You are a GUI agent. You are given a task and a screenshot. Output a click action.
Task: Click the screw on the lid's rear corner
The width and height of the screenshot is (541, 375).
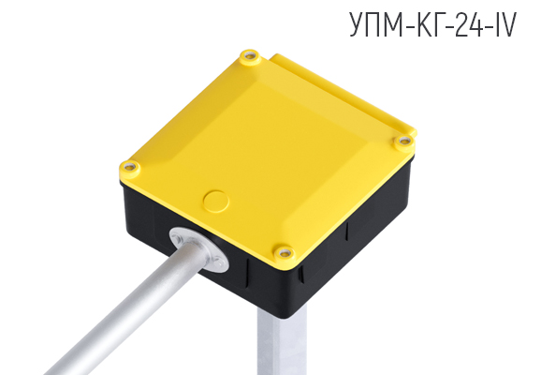pyautogui.click(x=248, y=57)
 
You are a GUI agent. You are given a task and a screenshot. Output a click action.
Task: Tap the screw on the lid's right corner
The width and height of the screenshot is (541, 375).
pyautogui.click(x=404, y=141)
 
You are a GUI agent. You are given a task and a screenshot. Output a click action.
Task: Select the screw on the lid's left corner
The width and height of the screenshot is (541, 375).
pyautogui.click(x=130, y=168)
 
